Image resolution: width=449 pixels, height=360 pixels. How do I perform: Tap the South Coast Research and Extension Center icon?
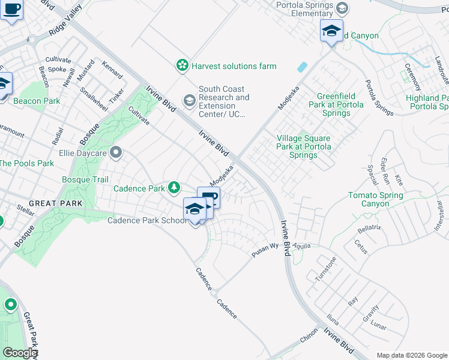[x=190, y=98]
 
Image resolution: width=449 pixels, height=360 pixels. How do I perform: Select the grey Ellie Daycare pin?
[x=117, y=152]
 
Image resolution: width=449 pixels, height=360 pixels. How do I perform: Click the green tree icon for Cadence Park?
[x=173, y=188]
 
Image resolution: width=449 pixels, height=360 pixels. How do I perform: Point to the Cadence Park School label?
[x=146, y=220]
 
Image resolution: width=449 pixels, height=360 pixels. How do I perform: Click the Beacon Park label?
[x=37, y=101]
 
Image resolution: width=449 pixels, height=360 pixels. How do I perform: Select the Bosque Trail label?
[x=85, y=179]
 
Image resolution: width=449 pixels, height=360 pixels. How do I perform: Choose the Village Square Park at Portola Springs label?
[x=303, y=146]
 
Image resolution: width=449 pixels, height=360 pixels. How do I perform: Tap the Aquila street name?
[x=301, y=246]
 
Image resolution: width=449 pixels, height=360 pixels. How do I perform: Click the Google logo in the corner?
[x=20, y=353]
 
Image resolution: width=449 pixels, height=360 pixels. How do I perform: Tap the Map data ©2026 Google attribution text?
[x=411, y=355]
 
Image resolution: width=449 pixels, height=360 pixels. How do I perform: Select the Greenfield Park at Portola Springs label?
[x=345, y=104]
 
